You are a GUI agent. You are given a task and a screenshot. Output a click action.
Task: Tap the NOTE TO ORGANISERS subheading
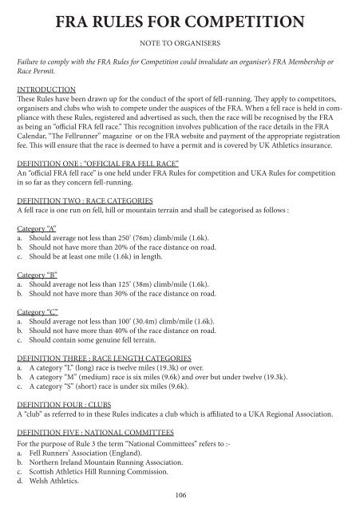(180, 41)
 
